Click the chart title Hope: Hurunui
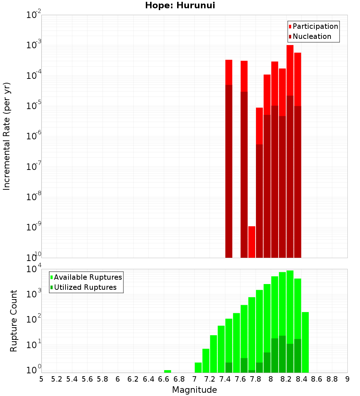[180, 6]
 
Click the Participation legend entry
[315, 26]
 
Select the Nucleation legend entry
[312, 36]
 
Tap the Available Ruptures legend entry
[88, 277]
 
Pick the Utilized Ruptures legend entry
[85, 287]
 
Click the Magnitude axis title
[194, 390]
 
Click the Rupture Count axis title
[14, 320]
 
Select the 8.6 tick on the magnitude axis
[317, 379]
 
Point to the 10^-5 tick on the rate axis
[34, 106]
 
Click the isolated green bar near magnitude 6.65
[167, 371]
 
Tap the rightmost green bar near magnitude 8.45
[305, 342]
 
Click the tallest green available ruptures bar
[290, 306]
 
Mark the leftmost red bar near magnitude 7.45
[229, 72]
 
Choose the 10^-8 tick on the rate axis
[34, 197]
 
